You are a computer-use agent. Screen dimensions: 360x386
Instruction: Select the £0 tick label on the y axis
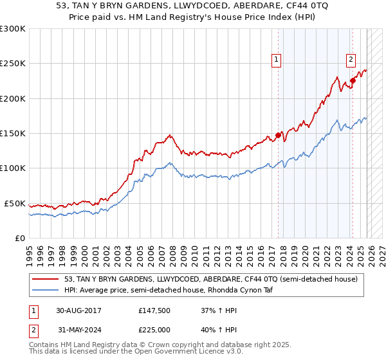click(19, 238)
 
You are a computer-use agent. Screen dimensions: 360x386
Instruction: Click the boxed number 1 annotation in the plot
click(277, 60)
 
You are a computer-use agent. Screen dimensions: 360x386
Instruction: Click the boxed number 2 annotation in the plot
click(351, 60)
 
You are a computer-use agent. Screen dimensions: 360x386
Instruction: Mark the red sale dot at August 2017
click(278, 135)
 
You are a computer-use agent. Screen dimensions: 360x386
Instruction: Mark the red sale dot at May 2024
click(353, 81)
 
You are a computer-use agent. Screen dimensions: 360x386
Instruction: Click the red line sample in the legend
click(46, 278)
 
